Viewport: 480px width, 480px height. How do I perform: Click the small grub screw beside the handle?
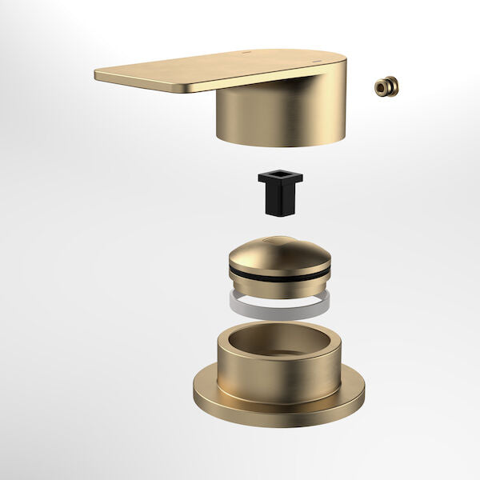[386, 86]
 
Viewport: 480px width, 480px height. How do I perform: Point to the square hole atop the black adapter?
[280, 176]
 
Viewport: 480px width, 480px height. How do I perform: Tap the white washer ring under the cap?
[278, 302]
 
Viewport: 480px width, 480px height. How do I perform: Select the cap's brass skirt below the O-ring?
[278, 286]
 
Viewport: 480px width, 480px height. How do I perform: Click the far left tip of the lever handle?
[98, 75]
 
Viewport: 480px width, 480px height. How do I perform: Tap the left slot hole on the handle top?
[242, 56]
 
